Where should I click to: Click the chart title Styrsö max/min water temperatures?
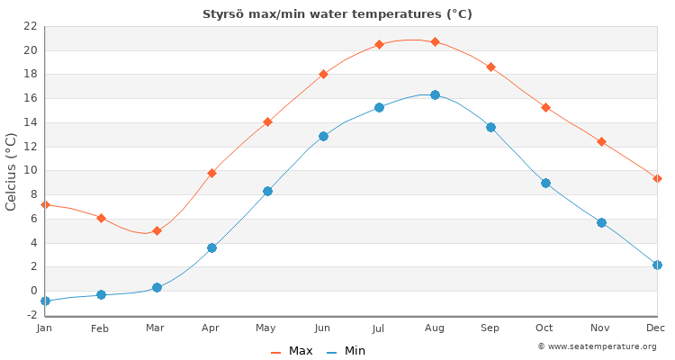[x=337, y=14]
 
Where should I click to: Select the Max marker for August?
[x=435, y=41]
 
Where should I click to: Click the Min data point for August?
[x=435, y=94]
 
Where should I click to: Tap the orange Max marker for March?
[x=157, y=230]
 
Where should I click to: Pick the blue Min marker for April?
[x=211, y=247]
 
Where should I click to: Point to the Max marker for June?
[x=323, y=74]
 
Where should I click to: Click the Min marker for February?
[x=101, y=294]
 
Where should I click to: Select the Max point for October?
[x=545, y=107]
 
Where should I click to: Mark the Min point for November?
[x=601, y=222]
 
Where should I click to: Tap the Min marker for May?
[x=267, y=191]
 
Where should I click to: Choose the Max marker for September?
[x=490, y=67]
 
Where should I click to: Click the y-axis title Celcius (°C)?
[x=12, y=171]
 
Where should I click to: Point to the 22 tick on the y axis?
[x=30, y=26]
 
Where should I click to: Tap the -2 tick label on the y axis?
[x=30, y=315]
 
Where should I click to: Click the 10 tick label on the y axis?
[x=30, y=170]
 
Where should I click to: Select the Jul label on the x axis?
[x=378, y=328]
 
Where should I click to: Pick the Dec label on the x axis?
[x=655, y=328]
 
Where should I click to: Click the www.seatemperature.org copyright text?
[x=597, y=346]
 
